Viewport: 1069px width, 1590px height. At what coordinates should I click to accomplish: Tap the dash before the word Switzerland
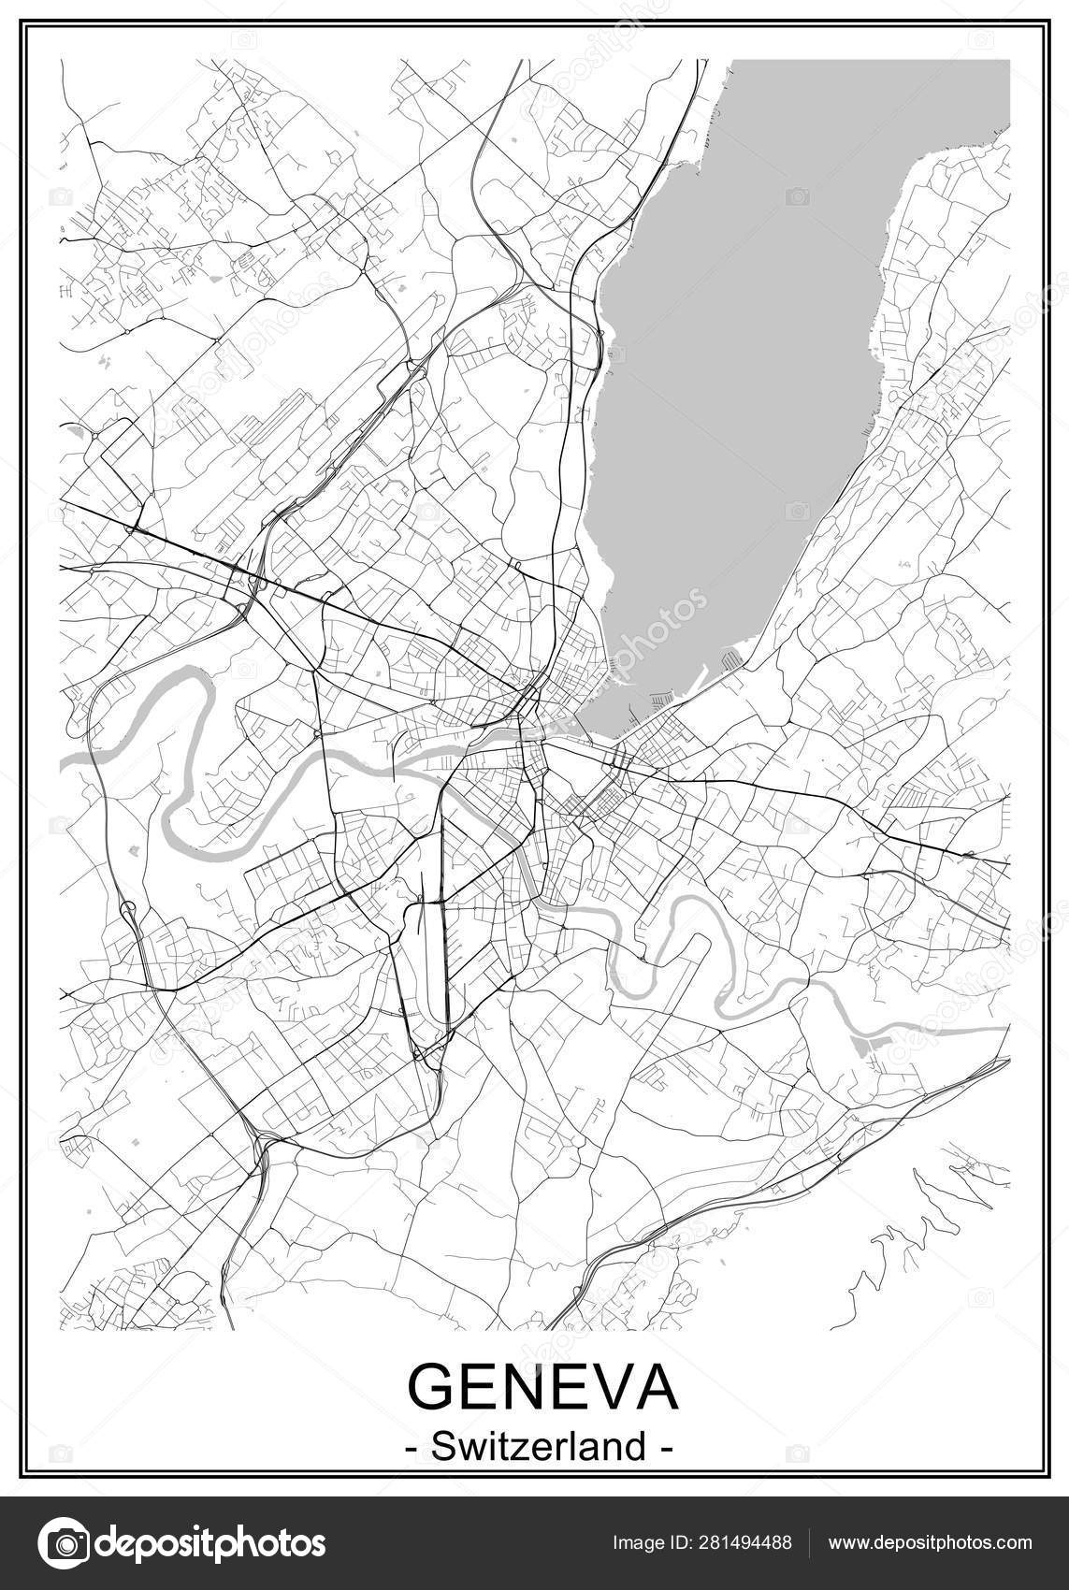[412, 1449]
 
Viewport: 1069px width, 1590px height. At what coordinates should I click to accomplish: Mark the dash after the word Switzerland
[666, 1449]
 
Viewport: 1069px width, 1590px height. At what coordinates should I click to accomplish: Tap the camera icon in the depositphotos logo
[63, 1542]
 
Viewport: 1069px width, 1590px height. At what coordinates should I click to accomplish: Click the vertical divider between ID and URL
[808, 1542]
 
